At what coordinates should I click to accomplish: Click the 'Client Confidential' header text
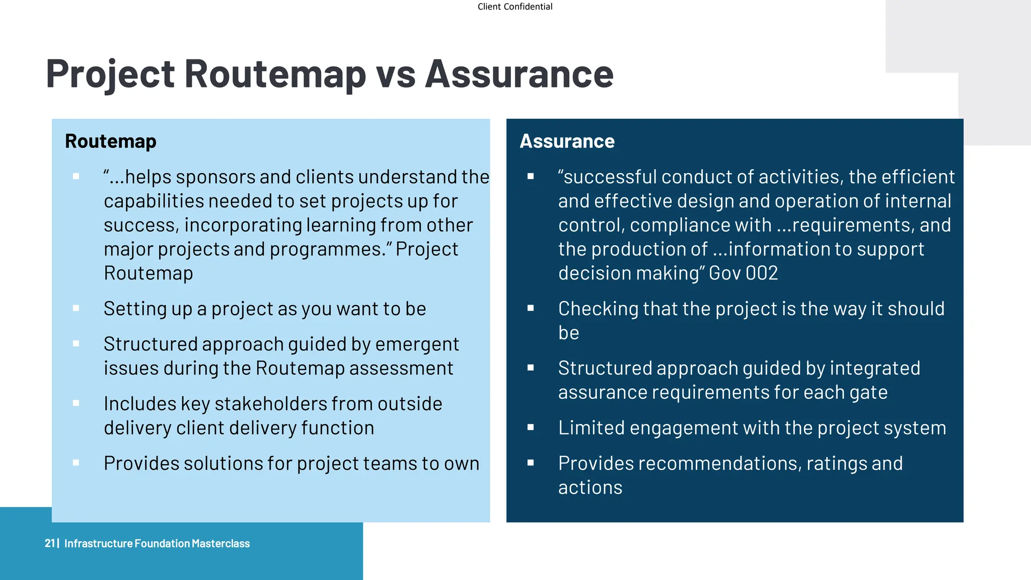pyautogui.click(x=514, y=7)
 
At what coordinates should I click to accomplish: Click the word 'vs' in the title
pyautogui.click(x=396, y=74)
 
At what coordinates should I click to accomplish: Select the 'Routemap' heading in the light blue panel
pyautogui.click(x=110, y=141)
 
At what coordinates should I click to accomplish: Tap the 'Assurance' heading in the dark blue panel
pyautogui.click(x=567, y=141)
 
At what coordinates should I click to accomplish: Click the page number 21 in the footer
pyautogui.click(x=49, y=543)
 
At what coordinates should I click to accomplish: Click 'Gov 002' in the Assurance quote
pyautogui.click(x=743, y=273)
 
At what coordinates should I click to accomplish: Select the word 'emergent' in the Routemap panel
pyautogui.click(x=417, y=344)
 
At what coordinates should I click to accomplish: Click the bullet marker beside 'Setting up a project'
pyautogui.click(x=76, y=308)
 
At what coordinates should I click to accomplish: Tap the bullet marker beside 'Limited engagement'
pyautogui.click(x=531, y=427)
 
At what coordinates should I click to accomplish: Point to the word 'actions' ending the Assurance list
pyautogui.click(x=590, y=487)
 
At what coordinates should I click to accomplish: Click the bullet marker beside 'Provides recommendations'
pyautogui.click(x=531, y=463)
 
